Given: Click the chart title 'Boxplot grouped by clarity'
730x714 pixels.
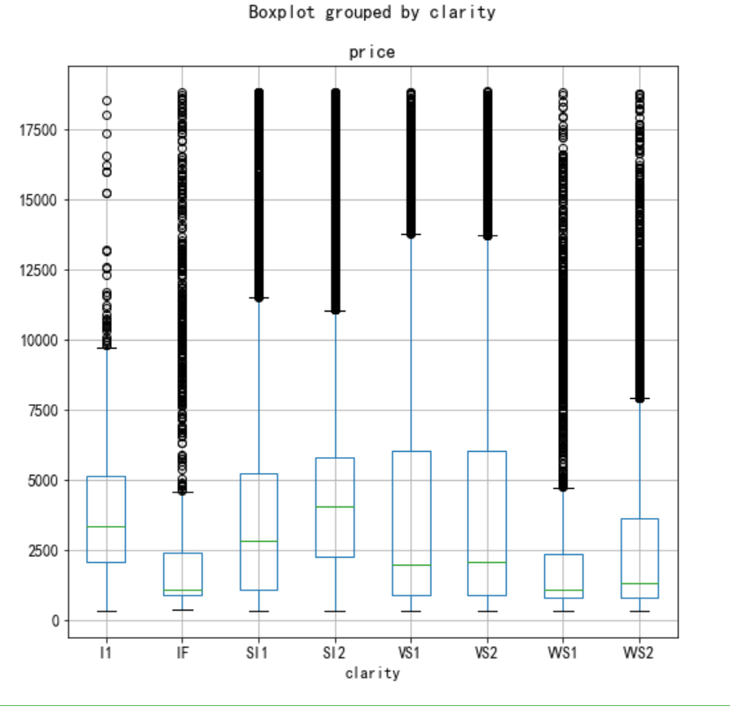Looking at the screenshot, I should (371, 12).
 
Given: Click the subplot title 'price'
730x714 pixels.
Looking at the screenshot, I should (371, 52).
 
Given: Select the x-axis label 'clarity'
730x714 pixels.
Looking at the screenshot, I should (371, 673).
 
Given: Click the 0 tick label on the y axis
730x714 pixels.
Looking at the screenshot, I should (54, 620).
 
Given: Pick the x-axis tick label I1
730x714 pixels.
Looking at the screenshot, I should (106, 652).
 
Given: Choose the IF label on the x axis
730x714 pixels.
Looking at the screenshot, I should (182, 652).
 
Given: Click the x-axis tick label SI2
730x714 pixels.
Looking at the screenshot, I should (335, 652).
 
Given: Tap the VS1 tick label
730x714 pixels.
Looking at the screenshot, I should (411, 652).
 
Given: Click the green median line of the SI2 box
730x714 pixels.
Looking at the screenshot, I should (335, 507).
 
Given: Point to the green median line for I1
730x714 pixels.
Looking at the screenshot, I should (106, 526).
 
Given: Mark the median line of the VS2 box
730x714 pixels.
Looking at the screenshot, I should (487, 562).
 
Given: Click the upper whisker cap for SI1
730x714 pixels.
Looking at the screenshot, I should (258, 298).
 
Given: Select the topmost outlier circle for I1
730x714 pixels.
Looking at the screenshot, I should (106, 101).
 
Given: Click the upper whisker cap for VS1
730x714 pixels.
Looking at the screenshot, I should (411, 235).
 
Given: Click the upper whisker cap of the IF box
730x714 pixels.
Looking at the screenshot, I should (182, 492).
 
